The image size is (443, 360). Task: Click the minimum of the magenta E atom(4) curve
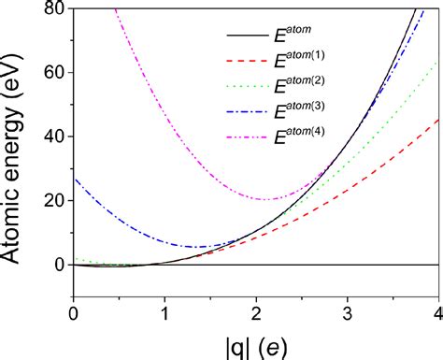266,199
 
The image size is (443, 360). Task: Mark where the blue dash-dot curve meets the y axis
74,179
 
